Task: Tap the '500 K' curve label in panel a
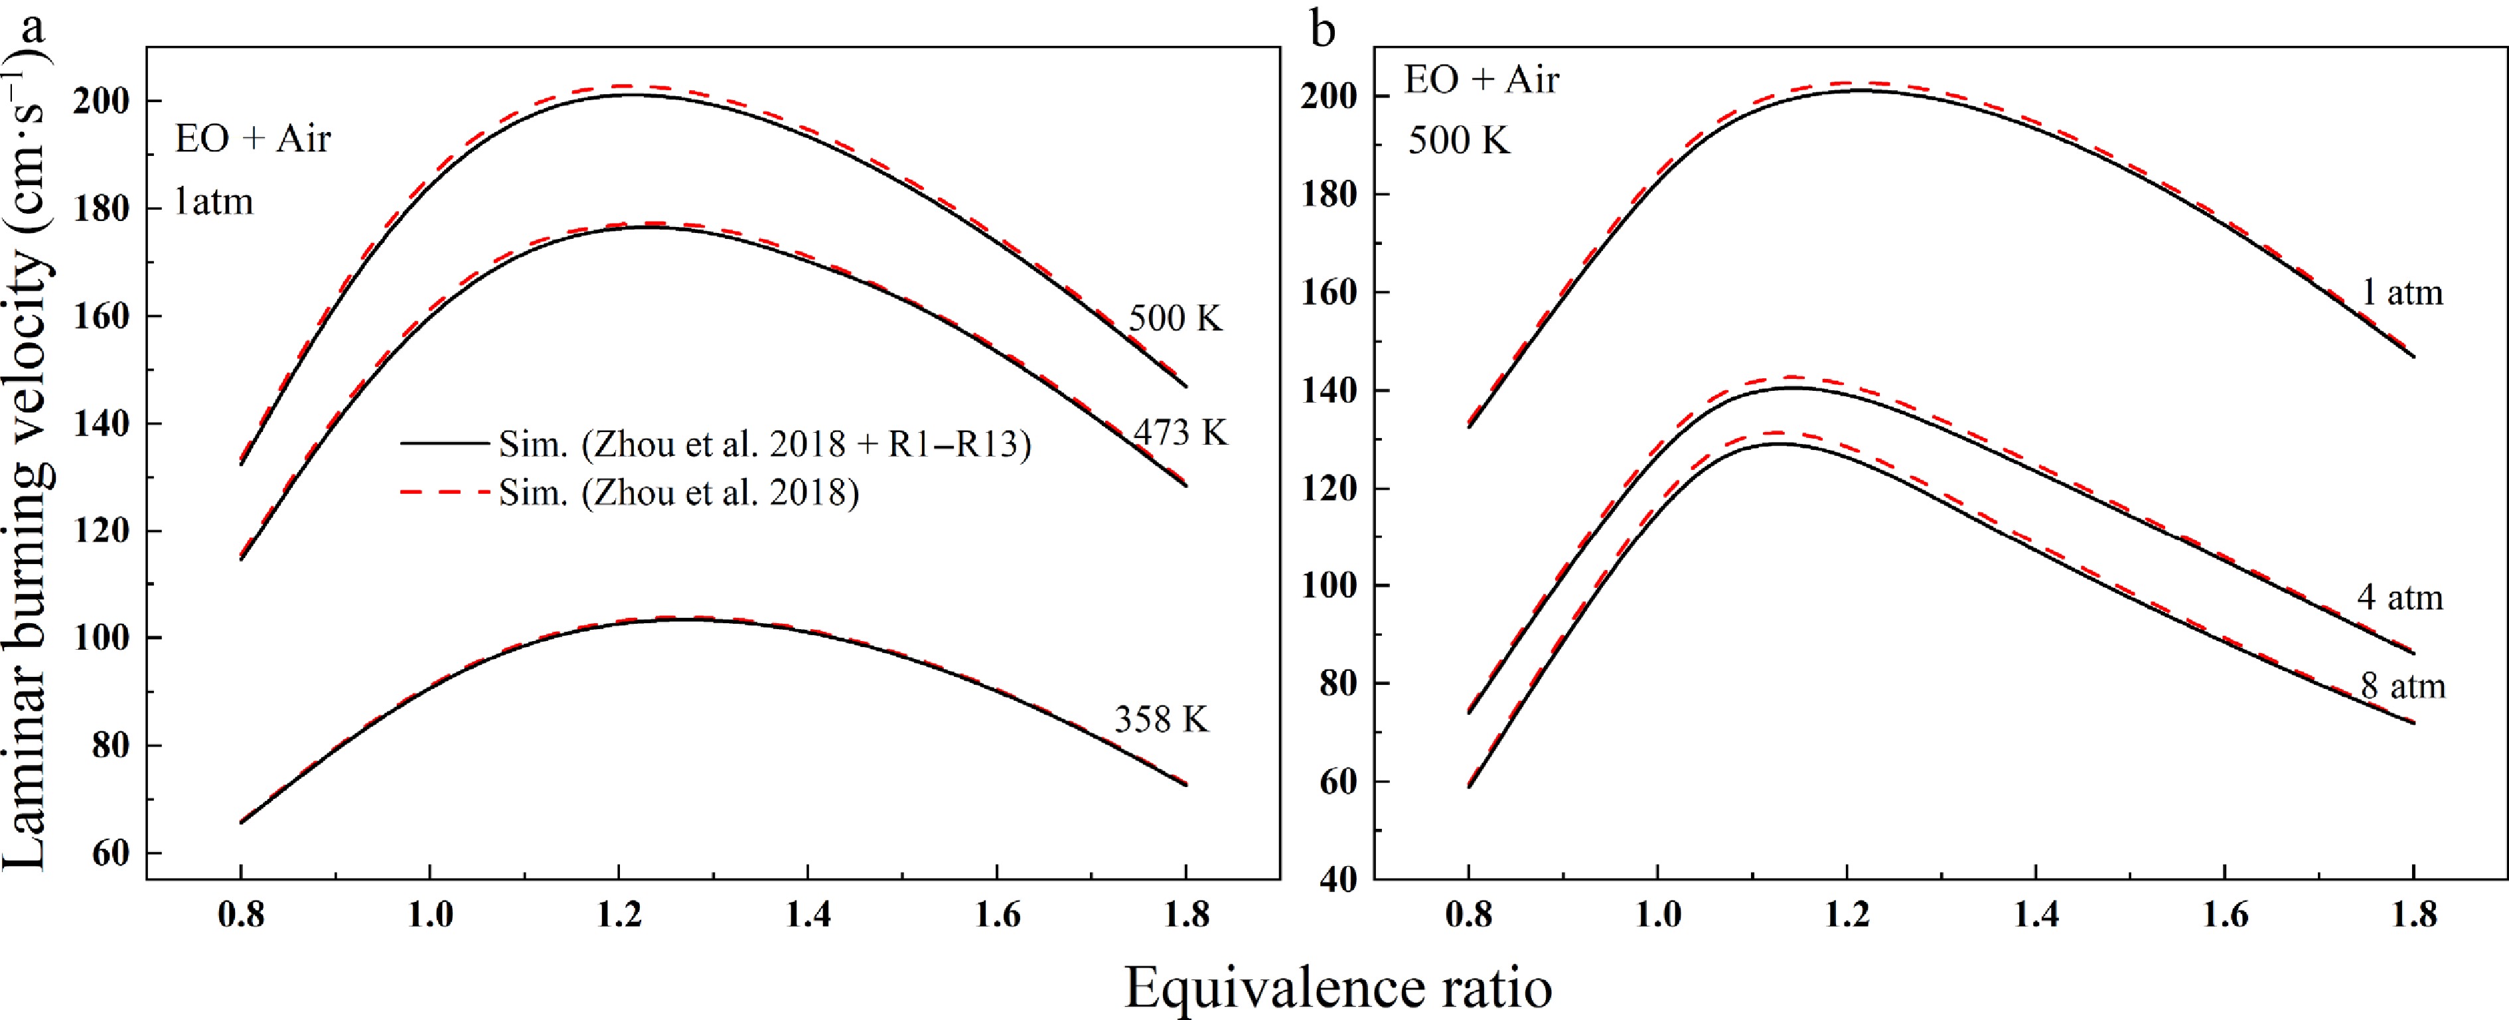click(x=1175, y=319)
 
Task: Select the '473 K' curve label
click(x=1180, y=431)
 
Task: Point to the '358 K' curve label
click(x=1161, y=720)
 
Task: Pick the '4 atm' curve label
click(x=2400, y=597)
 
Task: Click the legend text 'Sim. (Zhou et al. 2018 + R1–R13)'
click(x=765, y=444)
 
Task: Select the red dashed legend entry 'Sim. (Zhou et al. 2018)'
click(x=679, y=493)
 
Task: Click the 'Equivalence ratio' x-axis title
click(x=1338, y=989)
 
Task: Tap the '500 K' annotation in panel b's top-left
click(x=1458, y=141)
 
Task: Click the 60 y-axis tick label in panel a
click(x=113, y=853)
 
